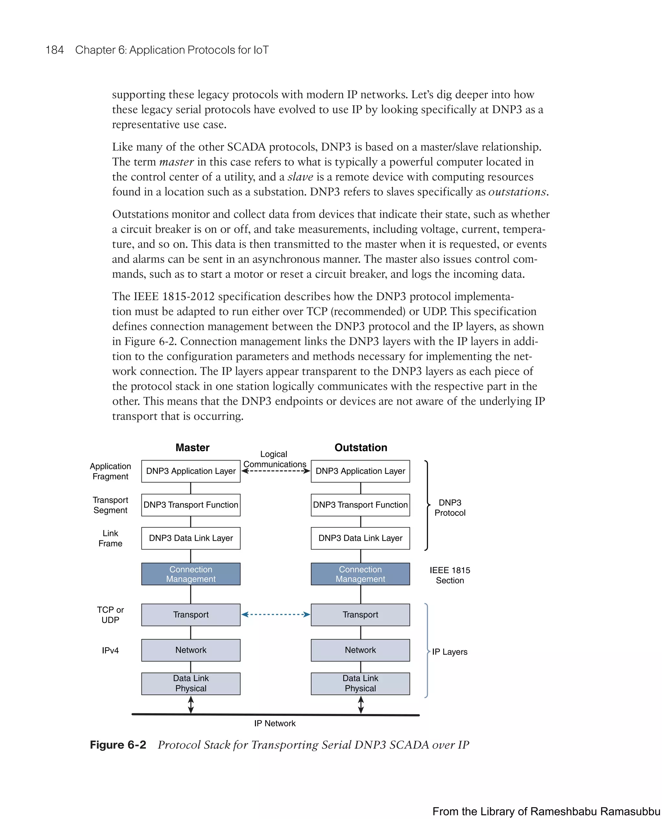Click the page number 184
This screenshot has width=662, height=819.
(55, 50)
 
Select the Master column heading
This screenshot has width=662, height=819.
(192, 447)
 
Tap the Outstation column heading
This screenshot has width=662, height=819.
(361, 447)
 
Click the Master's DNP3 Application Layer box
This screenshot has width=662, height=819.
(191, 471)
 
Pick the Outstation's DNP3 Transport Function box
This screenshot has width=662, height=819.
(360, 505)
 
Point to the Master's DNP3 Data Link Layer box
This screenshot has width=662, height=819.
(191, 538)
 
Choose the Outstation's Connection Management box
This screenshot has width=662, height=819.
(360, 574)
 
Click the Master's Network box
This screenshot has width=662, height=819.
(191, 650)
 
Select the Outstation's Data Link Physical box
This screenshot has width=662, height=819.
(360, 683)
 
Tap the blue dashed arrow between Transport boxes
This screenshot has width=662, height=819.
(275, 614)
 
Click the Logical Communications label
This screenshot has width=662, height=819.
(274, 459)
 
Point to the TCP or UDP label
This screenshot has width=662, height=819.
(110, 615)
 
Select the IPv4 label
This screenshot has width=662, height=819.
(110, 651)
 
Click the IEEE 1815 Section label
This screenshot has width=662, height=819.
(450, 575)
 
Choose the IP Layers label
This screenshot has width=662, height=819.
(450, 652)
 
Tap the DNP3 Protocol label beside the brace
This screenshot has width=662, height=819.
(450, 507)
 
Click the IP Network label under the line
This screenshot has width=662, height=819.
(274, 723)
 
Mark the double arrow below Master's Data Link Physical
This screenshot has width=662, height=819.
(191, 705)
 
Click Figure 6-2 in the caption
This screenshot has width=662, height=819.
(118, 745)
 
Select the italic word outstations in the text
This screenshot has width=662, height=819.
(517, 192)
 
